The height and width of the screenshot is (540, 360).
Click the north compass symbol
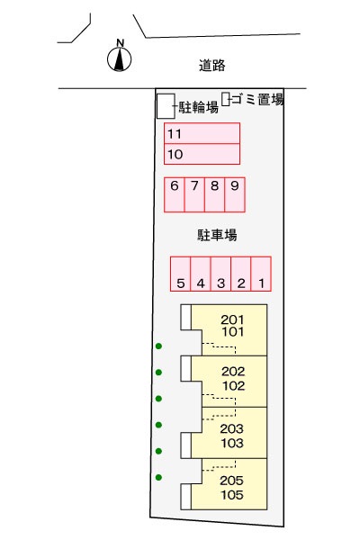tap(119, 57)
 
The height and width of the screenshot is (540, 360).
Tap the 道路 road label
tap(211, 65)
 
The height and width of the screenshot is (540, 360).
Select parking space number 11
tap(202, 133)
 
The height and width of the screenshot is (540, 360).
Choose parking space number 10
tap(202, 154)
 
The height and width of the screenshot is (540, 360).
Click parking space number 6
tap(175, 194)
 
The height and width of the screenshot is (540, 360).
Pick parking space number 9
tap(235, 194)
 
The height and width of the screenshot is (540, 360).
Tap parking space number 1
tap(261, 274)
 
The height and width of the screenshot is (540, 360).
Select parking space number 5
tap(181, 274)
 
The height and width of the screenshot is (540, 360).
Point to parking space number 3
tap(220, 274)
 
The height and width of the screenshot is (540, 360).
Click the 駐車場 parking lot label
tap(217, 235)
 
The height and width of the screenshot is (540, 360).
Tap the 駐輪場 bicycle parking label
tap(198, 107)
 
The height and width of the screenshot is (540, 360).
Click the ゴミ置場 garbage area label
tap(257, 99)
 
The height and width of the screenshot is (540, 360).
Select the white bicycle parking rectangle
tap(166, 106)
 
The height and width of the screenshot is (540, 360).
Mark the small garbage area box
tap(226, 99)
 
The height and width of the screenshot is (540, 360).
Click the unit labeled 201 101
tap(229, 330)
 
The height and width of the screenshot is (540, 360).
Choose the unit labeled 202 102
tap(229, 382)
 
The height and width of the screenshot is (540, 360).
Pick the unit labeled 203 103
tap(229, 433)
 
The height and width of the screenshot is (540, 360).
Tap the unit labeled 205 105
tap(229, 484)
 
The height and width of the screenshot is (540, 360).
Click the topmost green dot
tap(158, 346)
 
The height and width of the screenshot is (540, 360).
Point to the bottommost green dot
tap(158, 477)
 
